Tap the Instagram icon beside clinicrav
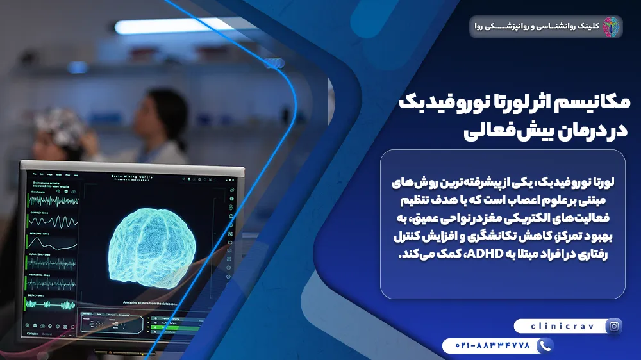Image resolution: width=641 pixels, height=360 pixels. (614, 326)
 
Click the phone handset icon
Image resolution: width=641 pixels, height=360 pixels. (545, 346)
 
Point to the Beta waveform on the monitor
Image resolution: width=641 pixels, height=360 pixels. (51, 243)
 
